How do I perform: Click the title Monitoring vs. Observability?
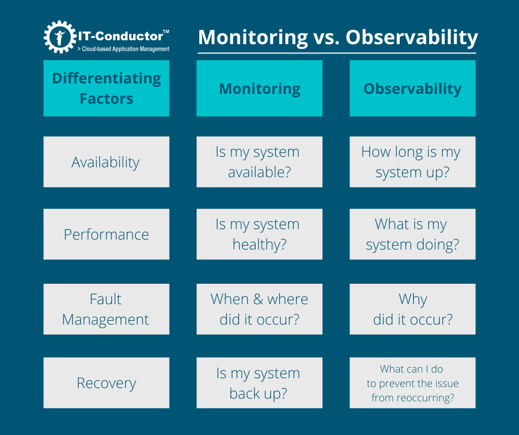(x=337, y=38)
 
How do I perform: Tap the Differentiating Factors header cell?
(x=107, y=88)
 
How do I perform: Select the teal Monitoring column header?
(x=259, y=88)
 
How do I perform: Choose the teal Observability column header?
(x=412, y=88)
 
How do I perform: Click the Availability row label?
(x=107, y=162)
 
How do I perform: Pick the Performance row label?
(x=107, y=235)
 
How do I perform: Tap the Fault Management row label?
(x=107, y=309)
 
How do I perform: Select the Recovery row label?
(x=107, y=383)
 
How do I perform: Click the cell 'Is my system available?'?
(x=259, y=162)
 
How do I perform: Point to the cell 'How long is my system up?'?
(x=412, y=162)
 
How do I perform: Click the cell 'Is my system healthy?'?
(x=259, y=235)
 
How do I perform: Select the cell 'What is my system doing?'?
(x=412, y=235)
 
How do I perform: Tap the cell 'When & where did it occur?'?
(x=259, y=309)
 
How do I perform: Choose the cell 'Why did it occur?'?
(x=412, y=309)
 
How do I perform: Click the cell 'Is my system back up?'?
(x=259, y=383)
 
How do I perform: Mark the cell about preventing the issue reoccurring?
(x=412, y=383)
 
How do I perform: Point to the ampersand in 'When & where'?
(x=257, y=300)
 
